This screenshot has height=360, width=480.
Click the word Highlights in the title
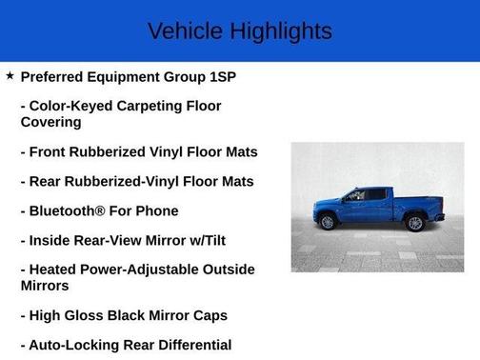(278, 31)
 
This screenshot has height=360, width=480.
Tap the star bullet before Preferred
(10, 75)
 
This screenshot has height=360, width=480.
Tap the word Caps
(207, 315)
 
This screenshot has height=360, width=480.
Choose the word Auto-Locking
(73, 345)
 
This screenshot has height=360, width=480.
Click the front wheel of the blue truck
(329, 223)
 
